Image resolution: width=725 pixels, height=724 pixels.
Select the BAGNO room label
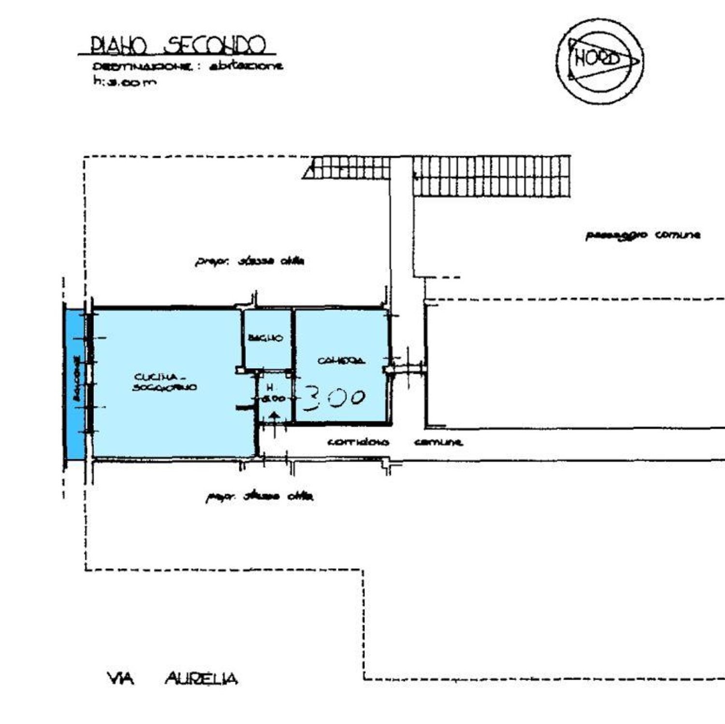pos(265,338)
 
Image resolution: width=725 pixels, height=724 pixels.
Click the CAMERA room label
pos(341,361)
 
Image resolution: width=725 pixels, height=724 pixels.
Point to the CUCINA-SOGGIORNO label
pos(164,382)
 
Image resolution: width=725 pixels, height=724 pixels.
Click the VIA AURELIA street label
pos(172,679)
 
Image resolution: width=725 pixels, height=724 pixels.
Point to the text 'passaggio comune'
pos(643,235)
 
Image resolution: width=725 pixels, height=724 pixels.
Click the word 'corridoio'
pos(358,442)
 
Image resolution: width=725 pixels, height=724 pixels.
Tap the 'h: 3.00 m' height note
pos(125,82)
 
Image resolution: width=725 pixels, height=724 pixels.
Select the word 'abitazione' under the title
pos(246,67)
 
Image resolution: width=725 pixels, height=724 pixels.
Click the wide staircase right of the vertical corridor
pos(492,176)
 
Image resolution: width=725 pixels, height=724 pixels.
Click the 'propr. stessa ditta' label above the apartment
pos(249,261)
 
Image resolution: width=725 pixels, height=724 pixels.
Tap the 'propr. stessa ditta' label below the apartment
pos(259,496)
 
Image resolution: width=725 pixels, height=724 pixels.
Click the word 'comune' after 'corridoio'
pos(438,442)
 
